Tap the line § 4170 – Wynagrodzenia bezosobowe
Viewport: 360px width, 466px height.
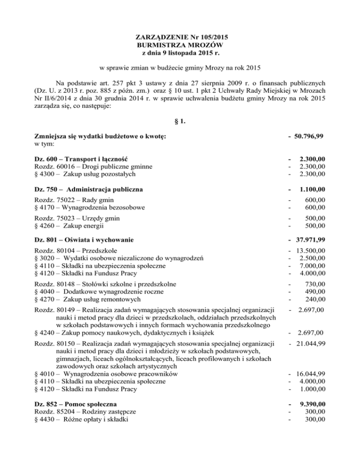pos(90,207)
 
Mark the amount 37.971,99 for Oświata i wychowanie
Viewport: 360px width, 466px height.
pos(309,240)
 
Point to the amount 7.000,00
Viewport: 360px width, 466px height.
pos(312,266)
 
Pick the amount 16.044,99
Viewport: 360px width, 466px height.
pos(309,374)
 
